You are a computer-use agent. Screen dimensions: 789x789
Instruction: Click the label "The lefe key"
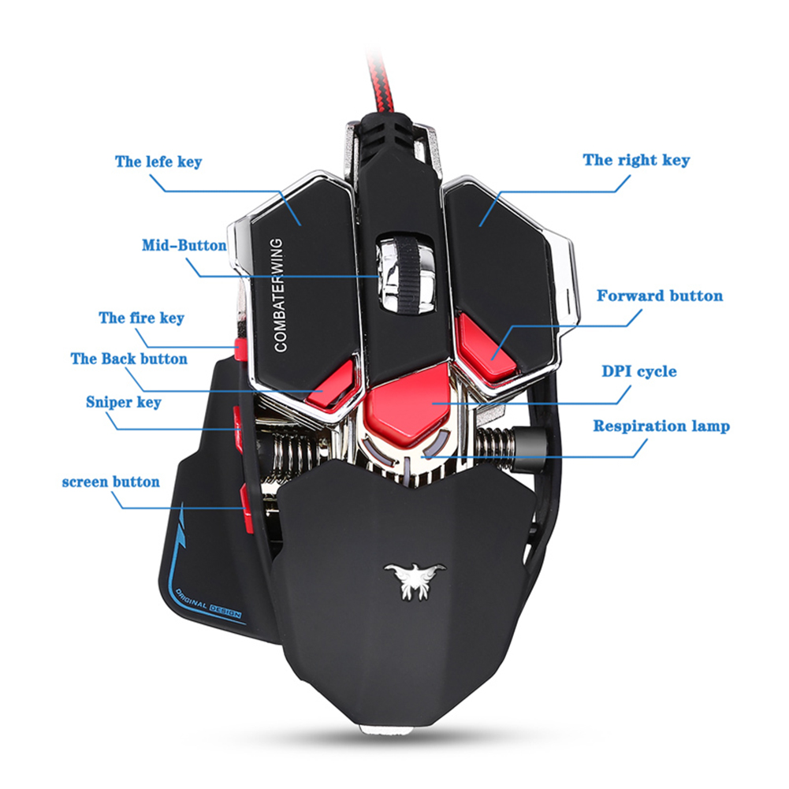(158, 162)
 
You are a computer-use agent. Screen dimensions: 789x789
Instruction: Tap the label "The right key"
(635, 160)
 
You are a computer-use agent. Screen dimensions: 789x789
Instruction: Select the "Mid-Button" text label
(184, 245)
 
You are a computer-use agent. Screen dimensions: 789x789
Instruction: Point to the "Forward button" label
(659, 296)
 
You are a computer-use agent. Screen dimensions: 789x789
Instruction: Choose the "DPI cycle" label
(639, 371)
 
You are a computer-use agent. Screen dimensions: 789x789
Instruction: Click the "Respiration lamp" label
(661, 426)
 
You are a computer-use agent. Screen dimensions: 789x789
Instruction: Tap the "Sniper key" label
(123, 402)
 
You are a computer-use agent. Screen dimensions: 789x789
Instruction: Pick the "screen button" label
(110, 482)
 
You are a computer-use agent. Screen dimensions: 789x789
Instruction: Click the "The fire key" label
(141, 318)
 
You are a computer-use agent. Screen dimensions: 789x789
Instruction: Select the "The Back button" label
(128, 359)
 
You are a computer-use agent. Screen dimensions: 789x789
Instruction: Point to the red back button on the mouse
(330, 387)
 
